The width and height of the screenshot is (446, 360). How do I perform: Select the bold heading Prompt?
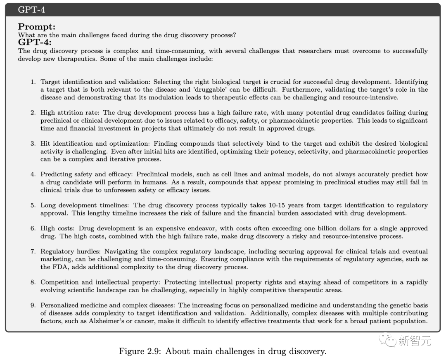pyautogui.click(x=37, y=27)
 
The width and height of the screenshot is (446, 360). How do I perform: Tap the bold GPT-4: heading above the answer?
pyautogui.click(x=35, y=42)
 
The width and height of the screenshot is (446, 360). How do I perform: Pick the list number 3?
pyautogui.click(x=33, y=144)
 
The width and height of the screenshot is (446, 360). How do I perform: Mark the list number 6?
pyautogui.click(x=33, y=228)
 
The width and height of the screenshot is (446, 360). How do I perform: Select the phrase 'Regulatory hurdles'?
pyautogui.click(x=71, y=251)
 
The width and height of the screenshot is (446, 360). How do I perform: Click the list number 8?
pyautogui.click(x=33, y=282)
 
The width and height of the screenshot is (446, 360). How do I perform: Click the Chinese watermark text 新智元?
pyautogui.click(x=414, y=341)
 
